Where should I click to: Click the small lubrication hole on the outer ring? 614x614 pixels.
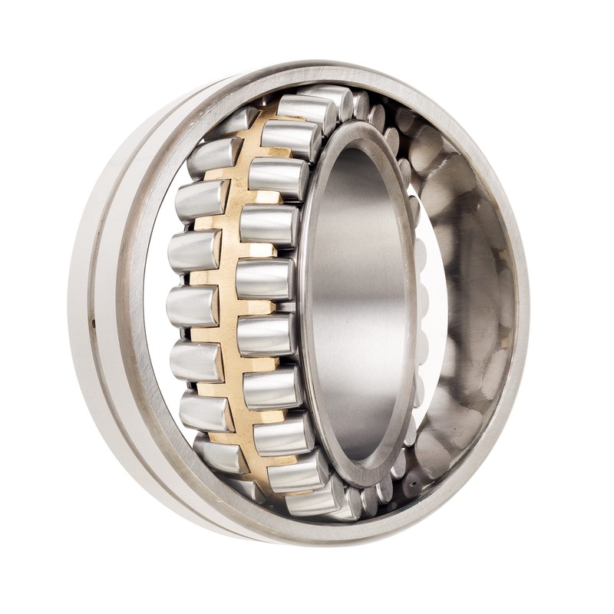pos(93,323)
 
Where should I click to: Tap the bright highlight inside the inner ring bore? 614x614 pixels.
pos(361,307)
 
